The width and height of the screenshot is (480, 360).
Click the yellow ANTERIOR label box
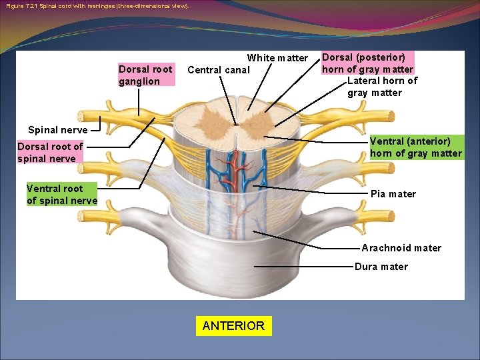pos(233,326)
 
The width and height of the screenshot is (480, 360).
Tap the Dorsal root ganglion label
pos(145,75)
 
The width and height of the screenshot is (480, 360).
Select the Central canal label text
pos(219,70)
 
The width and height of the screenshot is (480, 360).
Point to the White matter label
pos(277,58)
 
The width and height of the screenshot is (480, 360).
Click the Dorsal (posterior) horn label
pos(367,63)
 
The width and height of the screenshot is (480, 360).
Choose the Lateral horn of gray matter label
pos(383,87)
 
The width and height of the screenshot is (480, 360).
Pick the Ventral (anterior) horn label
pos(415,147)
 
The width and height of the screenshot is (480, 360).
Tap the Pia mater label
pos(393,194)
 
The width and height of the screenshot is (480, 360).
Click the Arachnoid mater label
pos(401,248)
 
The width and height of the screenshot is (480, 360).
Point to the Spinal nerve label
pos(58,130)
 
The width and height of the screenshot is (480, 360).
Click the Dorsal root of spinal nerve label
pos(50,152)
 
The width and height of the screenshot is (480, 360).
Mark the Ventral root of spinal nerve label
pos(62,194)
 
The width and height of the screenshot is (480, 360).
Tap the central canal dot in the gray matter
pos(236,123)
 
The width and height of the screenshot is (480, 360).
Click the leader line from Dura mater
pos(303,267)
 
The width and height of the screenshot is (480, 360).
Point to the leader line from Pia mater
pos(313,190)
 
